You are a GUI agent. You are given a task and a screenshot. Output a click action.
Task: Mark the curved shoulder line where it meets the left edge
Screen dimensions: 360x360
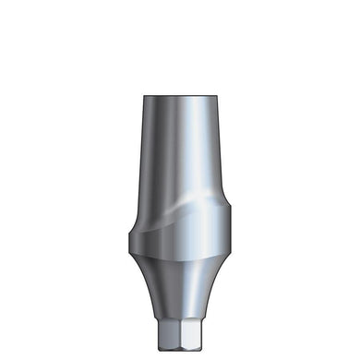click(135, 214)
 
